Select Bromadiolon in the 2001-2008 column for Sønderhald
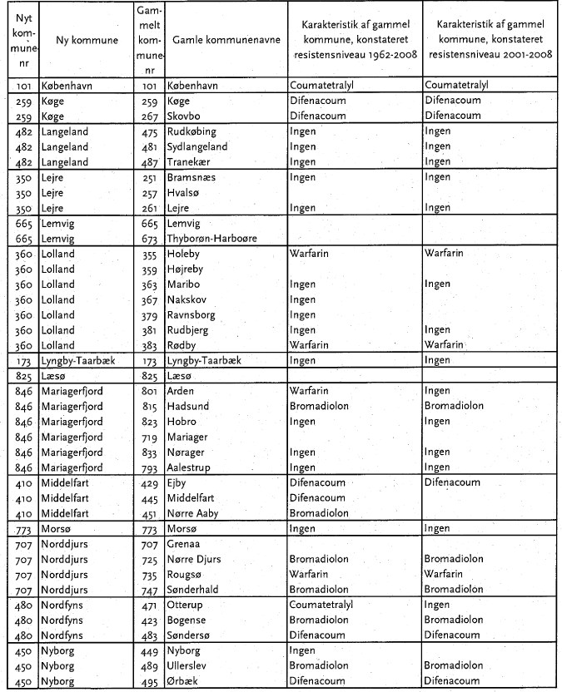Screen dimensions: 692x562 (453, 590)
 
